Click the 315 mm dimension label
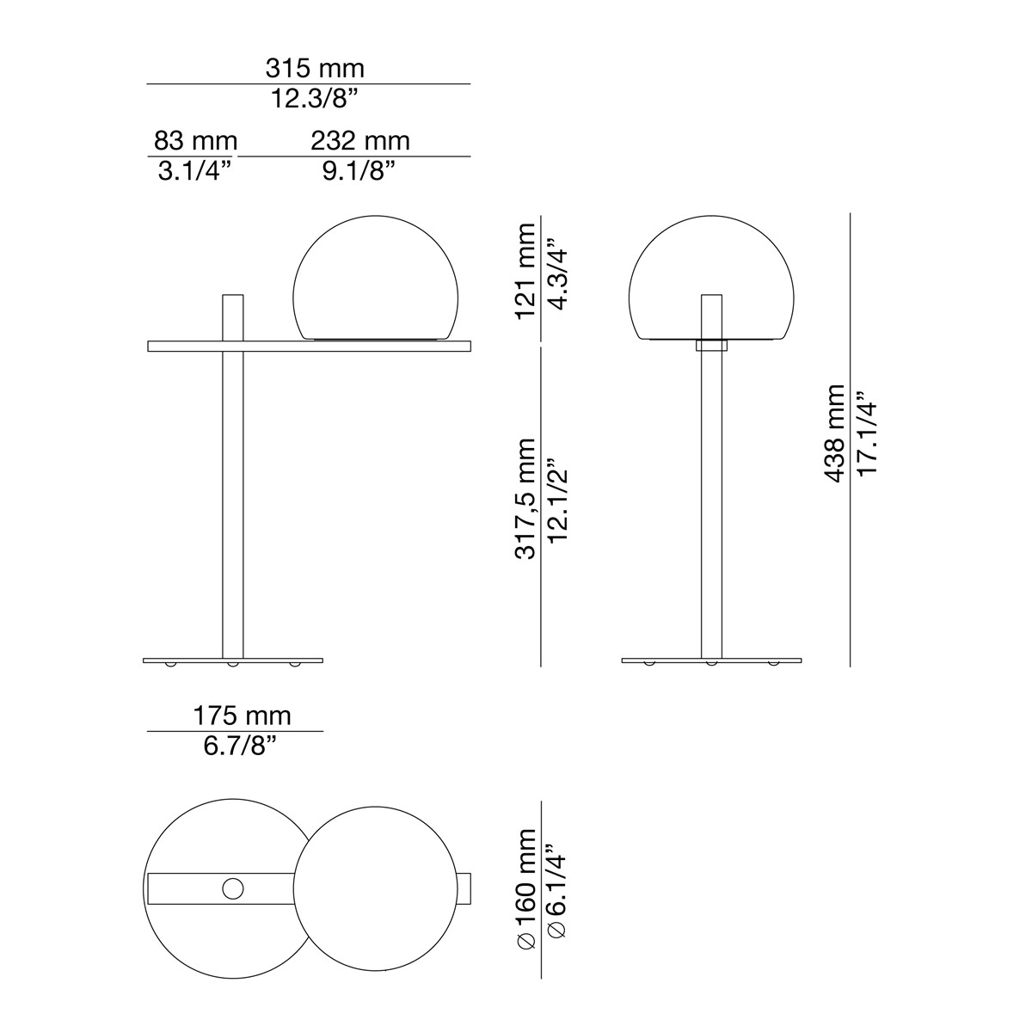pos(314,68)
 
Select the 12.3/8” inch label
pos(315,98)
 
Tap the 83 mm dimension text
pos(195,140)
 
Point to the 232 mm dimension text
pos(360,140)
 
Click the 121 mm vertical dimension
pos(525,270)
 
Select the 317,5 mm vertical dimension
pos(525,499)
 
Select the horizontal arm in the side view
pos(310,346)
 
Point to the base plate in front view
pos(711,660)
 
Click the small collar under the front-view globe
pos(711,345)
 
